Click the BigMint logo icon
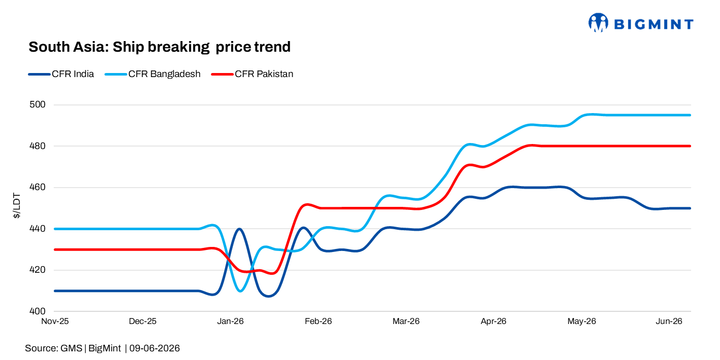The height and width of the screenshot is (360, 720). [x=598, y=22]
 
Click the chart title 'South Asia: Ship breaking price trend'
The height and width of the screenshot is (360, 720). [x=159, y=47]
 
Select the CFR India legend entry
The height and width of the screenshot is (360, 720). [x=61, y=74]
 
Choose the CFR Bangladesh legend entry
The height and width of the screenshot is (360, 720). [x=153, y=74]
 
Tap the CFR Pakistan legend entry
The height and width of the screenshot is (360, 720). [x=253, y=74]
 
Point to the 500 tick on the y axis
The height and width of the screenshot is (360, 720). [x=38, y=104]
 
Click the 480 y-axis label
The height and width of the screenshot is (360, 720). [x=38, y=146]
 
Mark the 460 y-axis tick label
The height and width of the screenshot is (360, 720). [x=38, y=187]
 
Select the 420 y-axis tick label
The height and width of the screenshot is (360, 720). [x=38, y=270]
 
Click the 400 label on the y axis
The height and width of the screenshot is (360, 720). [x=38, y=311]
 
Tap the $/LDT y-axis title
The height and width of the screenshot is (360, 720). [x=16, y=206]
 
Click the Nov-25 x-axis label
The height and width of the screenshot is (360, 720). [x=55, y=321]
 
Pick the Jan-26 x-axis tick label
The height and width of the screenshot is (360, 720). [x=231, y=321]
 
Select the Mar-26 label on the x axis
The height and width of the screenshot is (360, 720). [x=406, y=321]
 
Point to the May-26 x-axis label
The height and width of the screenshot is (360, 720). [x=582, y=321]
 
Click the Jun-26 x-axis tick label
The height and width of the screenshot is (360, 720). [x=669, y=321]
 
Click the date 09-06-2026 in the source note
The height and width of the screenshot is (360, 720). [x=155, y=348]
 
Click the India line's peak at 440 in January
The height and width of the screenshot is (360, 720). [x=239, y=229]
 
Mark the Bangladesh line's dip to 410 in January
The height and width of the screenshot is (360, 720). [x=240, y=291]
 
